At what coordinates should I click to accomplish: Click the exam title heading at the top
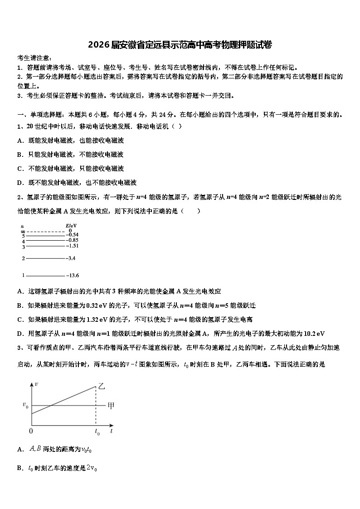pos(180,44)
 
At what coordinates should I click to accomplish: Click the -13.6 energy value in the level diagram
pos(73,275)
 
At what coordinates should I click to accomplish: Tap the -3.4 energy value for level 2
pos(71,258)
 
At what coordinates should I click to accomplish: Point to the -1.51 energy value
pos(73,246)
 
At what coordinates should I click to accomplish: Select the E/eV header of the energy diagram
pos(71,225)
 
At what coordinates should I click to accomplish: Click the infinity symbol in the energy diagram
pos(22,231)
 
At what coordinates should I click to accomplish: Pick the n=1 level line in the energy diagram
pos(45,275)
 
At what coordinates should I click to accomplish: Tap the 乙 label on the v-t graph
pos(102,386)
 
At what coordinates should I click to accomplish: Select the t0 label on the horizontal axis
pos(97,432)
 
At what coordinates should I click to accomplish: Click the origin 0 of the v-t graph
pos(31,431)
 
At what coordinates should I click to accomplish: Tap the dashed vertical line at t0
pos(96,408)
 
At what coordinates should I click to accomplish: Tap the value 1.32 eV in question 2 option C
pos(95,319)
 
